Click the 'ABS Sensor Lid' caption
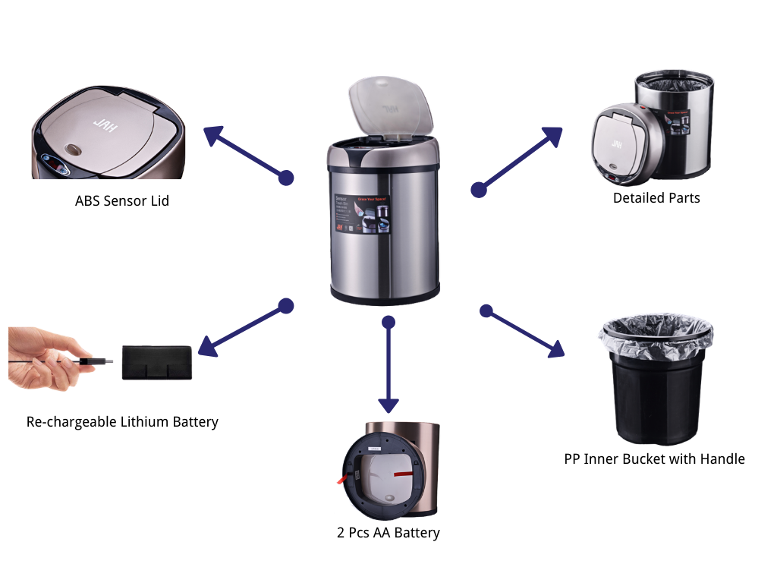[x=122, y=201]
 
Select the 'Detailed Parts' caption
[x=656, y=198]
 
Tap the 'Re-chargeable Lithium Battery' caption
[x=122, y=422]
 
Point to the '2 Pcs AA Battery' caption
[x=388, y=533]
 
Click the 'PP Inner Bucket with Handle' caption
[x=654, y=459]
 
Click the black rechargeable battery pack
[x=158, y=362]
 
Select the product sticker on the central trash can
[x=362, y=213]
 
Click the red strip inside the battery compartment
[x=403, y=472]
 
